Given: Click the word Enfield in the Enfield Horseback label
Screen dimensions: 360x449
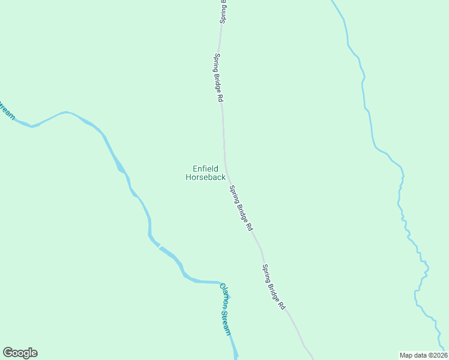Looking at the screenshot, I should coord(205,169).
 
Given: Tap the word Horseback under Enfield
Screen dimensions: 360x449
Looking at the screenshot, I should coord(205,177).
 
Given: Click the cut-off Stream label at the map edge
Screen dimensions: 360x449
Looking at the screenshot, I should coord(6,110).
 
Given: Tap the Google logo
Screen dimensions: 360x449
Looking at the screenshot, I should coord(20,353).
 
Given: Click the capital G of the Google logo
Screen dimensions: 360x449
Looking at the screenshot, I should coord(8,352).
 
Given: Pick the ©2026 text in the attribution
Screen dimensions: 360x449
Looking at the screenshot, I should coord(438,355).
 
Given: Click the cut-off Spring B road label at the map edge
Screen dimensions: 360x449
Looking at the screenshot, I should coord(223,11).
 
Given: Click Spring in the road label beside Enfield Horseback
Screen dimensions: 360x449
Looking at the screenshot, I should coord(233,194).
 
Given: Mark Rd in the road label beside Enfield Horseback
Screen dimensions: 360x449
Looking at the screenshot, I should coord(249,227).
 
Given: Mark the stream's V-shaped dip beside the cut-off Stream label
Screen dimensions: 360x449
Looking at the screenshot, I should coord(32,126).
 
